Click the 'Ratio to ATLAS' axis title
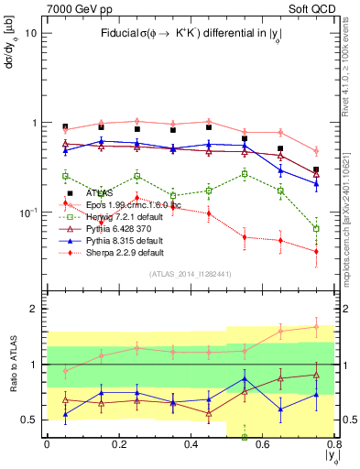tap(14, 365)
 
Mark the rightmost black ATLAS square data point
tap(316, 169)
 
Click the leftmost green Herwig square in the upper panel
tap(65, 176)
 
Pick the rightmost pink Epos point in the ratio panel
tap(316, 326)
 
